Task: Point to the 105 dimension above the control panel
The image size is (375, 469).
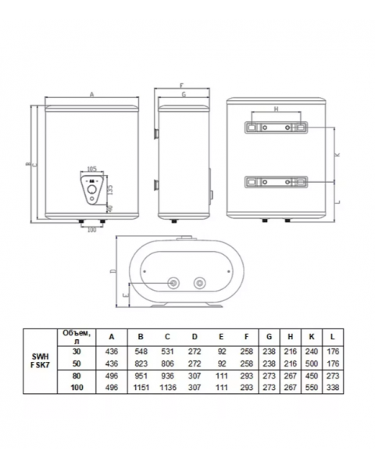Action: [x=93, y=169]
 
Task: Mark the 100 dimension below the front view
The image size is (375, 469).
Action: [x=91, y=229]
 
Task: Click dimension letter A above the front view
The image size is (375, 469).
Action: [x=91, y=94]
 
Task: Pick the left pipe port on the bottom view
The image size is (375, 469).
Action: [x=173, y=282]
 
